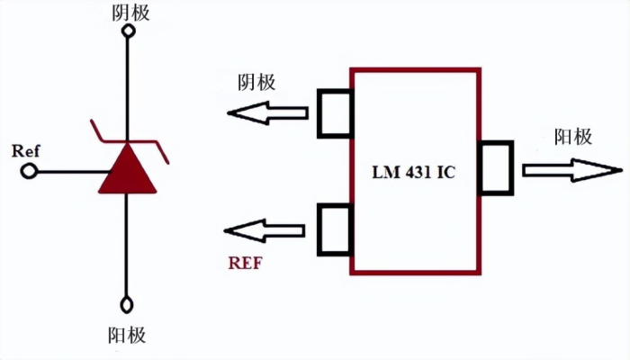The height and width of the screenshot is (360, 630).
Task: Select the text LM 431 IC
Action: click(x=414, y=171)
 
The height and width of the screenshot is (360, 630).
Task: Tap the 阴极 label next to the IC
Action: click(x=256, y=82)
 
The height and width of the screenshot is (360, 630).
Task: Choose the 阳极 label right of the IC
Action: click(x=573, y=137)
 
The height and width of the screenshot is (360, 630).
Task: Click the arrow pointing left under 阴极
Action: click(x=267, y=113)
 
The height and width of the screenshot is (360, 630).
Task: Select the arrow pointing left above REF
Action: click(x=267, y=231)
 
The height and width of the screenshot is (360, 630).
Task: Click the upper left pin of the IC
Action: click(x=334, y=113)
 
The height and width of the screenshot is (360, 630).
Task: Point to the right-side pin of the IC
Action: click(x=496, y=167)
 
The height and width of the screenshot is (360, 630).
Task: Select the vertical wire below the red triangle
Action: click(x=128, y=243)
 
